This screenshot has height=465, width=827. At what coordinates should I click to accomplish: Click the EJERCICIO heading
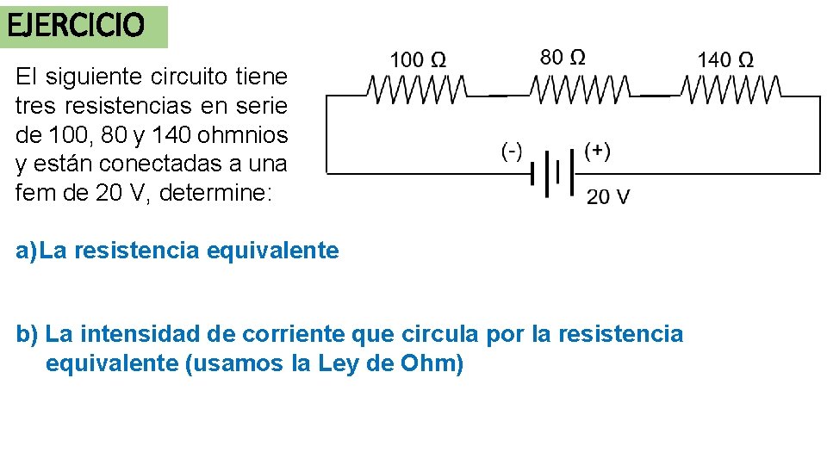click(x=76, y=26)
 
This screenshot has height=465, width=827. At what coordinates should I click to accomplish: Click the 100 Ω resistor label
click(x=418, y=60)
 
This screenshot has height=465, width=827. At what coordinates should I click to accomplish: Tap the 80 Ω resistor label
click(x=562, y=58)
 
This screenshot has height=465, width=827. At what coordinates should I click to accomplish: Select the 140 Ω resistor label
click(x=725, y=60)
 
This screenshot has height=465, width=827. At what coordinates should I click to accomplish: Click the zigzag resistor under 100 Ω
click(x=416, y=88)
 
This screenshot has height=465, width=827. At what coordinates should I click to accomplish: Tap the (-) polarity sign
click(x=512, y=152)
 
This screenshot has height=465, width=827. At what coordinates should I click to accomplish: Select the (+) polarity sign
click(x=597, y=152)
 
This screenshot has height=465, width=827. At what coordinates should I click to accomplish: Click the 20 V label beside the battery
click(x=607, y=197)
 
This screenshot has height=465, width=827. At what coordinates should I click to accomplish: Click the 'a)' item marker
click(x=27, y=251)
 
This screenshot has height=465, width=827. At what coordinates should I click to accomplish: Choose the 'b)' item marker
click(x=28, y=333)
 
